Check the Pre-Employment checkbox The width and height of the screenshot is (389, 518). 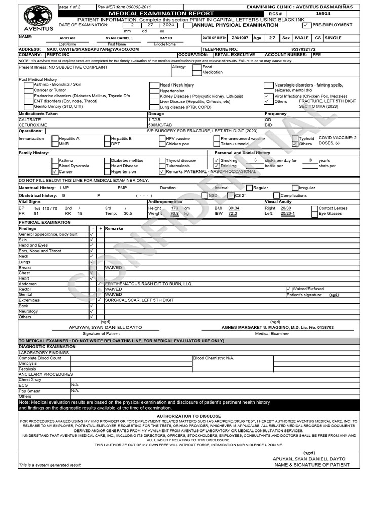click(305, 25)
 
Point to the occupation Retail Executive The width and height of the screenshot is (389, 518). click(235, 55)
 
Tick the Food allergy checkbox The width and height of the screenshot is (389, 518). click(197, 67)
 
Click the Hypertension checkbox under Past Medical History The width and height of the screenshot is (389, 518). click(153, 91)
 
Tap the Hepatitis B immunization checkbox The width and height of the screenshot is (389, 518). click(107, 138)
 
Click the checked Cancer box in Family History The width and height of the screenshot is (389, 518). click(55, 172)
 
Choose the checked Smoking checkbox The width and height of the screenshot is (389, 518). click(216, 160)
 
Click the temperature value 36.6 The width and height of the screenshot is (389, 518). click(128, 214)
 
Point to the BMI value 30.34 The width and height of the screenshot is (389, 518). click(234, 208)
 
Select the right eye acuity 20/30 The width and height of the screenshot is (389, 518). click(286, 208)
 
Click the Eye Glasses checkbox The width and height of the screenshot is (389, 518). click(314, 214)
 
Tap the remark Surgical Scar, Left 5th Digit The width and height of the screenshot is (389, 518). click(136, 300)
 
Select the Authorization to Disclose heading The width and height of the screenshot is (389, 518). click(188, 416)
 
